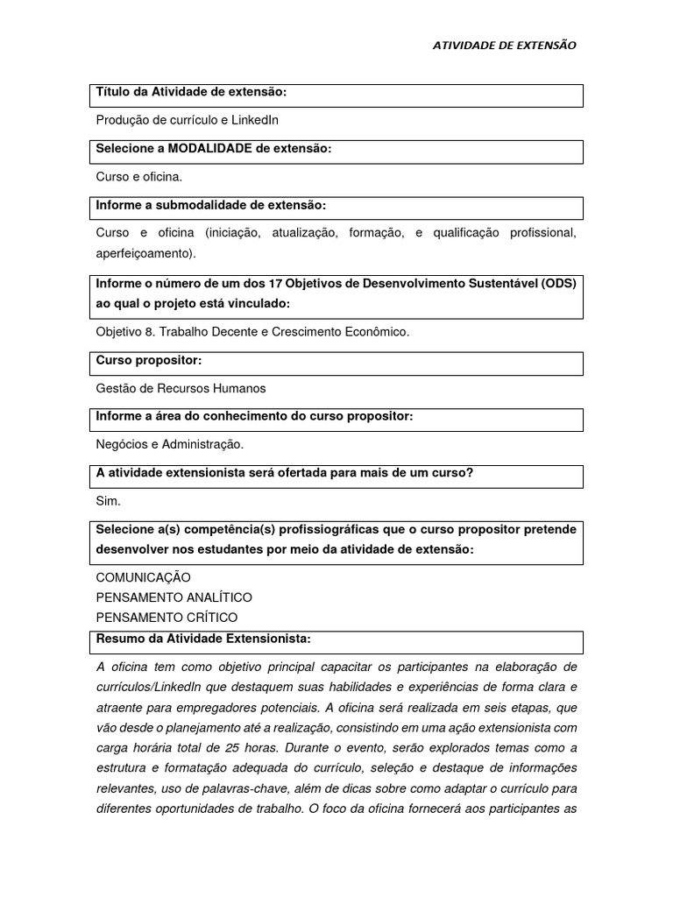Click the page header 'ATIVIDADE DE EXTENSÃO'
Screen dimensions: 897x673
[x=505, y=46]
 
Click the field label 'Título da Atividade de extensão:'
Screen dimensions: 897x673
[x=191, y=92]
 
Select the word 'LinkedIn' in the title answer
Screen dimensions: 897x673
[x=255, y=120]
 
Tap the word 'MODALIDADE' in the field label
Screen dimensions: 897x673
[x=206, y=148]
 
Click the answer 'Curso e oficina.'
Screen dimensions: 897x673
[x=138, y=176]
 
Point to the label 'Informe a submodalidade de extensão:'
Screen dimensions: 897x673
[x=210, y=205]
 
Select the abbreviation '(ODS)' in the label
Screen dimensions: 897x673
[x=557, y=283]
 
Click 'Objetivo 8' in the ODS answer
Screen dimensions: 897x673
[x=125, y=332]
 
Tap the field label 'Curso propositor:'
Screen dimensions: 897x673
[x=149, y=360]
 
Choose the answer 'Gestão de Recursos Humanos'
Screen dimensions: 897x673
[x=181, y=388]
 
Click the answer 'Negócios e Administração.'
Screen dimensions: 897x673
[x=169, y=444]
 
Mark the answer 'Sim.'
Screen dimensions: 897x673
[x=108, y=501]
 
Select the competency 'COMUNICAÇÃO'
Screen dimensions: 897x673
[x=143, y=577]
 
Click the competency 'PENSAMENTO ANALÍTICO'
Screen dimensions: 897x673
[x=174, y=597]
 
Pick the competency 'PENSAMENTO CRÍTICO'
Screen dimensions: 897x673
[x=166, y=618]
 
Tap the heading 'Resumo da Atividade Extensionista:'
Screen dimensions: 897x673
[x=202, y=638]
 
